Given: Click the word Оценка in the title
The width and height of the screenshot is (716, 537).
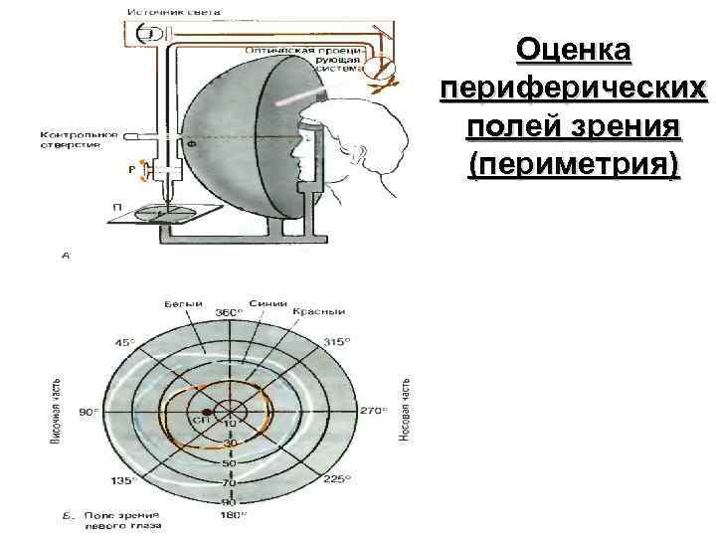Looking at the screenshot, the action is tap(574, 51).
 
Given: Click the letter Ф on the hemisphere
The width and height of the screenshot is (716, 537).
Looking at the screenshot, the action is tap(191, 143).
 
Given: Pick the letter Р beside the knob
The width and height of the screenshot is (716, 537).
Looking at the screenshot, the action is tap(131, 169).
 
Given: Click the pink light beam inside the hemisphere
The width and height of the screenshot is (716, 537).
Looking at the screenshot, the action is tap(301, 96).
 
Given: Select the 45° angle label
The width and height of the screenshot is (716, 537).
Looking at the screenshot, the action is tap(126, 343).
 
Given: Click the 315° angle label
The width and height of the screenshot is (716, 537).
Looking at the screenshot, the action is tap(335, 342).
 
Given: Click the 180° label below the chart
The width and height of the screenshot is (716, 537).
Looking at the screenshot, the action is tap(230, 517).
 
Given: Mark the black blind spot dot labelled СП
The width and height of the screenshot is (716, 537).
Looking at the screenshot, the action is tap(207, 412).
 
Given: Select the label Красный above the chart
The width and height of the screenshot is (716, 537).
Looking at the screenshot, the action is tap(311, 310).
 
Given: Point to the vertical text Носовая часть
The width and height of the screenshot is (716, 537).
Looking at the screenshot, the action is tap(405, 410).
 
